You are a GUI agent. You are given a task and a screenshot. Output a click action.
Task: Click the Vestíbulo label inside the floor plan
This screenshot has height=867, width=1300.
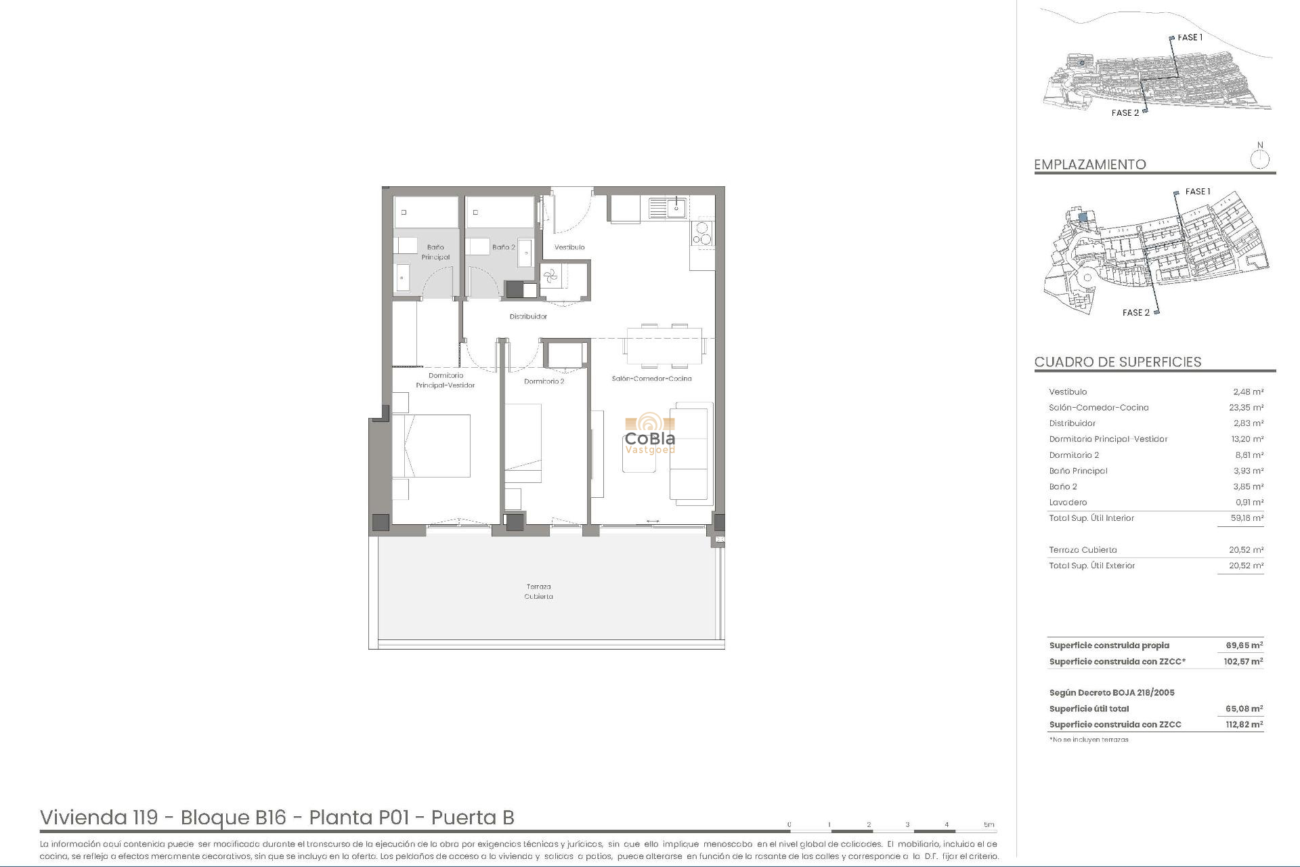pyautogui.click(x=569, y=247)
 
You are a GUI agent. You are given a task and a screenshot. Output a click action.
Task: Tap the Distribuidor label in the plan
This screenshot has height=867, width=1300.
pyautogui.click(x=528, y=316)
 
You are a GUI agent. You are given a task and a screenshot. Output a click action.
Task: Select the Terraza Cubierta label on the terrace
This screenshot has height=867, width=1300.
pyautogui.click(x=538, y=591)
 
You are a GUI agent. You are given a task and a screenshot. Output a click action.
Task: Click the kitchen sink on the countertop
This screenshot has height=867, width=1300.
pyautogui.click(x=668, y=207)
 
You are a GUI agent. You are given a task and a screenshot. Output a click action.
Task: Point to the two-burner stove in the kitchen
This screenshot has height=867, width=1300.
pyautogui.click(x=702, y=233)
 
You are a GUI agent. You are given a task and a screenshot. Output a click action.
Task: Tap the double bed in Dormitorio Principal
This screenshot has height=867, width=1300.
pyautogui.click(x=431, y=446)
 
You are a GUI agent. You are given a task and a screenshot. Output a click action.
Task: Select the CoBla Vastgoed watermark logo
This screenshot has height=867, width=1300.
pyautogui.click(x=650, y=433)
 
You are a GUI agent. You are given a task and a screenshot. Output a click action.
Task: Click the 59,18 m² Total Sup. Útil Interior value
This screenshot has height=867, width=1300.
pyautogui.click(x=1247, y=518)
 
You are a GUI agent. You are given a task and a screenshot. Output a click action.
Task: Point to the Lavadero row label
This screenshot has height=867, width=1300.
pyautogui.click(x=1068, y=503)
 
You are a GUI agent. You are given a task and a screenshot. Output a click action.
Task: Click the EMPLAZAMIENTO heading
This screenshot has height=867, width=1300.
pyautogui.click(x=1089, y=165)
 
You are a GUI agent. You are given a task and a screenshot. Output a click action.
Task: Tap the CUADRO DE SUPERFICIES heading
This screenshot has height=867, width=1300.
pyautogui.click(x=1117, y=362)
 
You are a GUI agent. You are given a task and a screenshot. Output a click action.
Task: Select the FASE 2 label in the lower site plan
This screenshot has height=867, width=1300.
pyautogui.click(x=1135, y=312)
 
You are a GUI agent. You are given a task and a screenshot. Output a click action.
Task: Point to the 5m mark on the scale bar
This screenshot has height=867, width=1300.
pyautogui.click(x=989, y=824)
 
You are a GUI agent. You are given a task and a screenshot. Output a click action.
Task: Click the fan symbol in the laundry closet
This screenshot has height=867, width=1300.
pyautogui.click(x=550, y=276)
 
